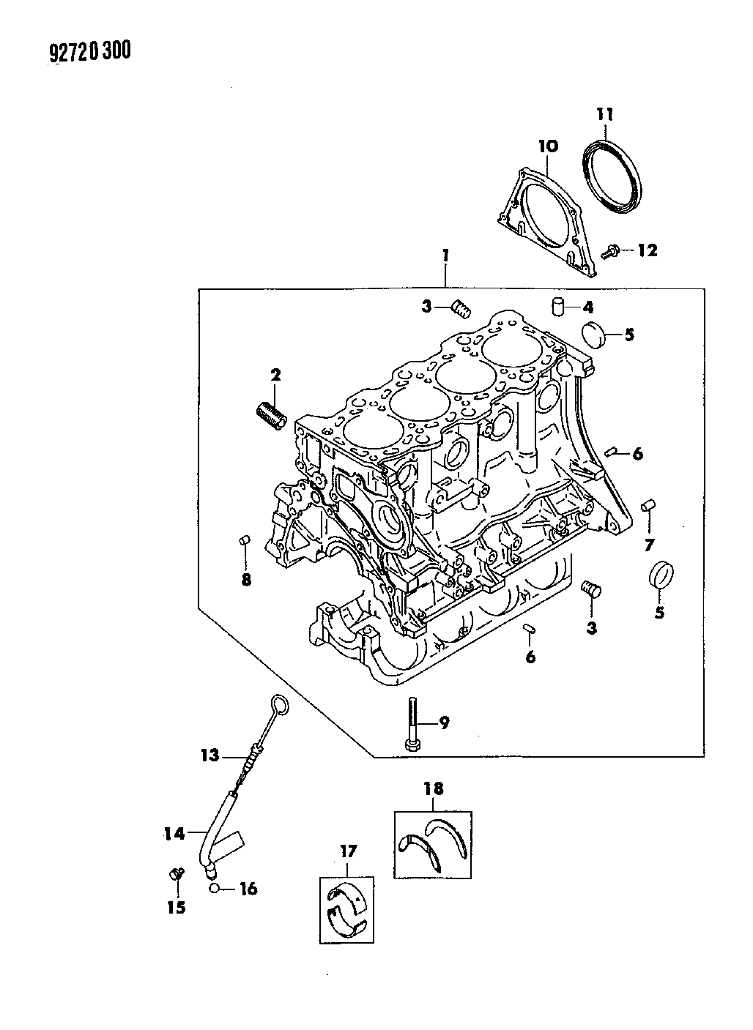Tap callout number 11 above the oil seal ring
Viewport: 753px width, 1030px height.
point(605,113)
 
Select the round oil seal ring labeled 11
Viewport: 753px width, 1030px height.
point(612,177)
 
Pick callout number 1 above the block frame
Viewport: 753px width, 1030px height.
point(445,255)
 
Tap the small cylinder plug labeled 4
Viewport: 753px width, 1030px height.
point(558,306)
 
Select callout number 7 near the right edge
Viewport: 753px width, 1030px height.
point(648,545)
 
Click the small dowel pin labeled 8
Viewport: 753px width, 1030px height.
point(245,540)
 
